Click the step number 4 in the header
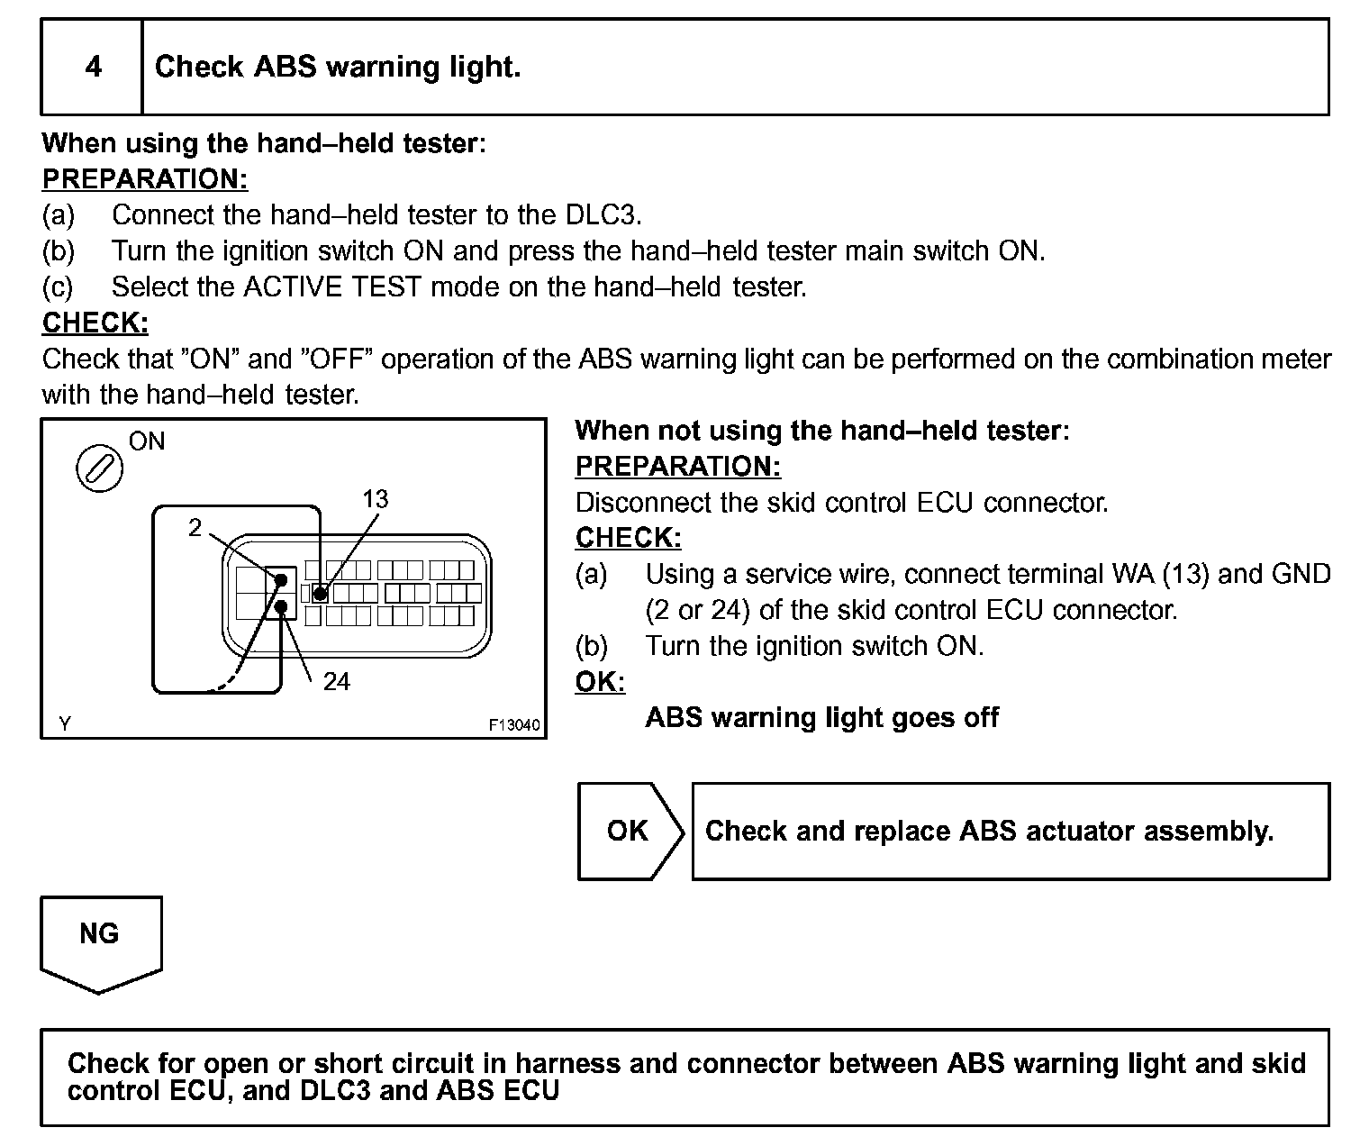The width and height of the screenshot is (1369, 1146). [x=93, y=67]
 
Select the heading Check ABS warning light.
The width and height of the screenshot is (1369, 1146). [x=338, y=67]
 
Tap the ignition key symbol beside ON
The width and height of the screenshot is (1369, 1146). [x=99, y=468]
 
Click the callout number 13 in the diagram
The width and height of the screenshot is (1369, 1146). [x=375, y=499]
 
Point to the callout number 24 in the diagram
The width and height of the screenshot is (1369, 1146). [x=336, y=681]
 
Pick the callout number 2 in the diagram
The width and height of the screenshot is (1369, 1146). [x=195, y=527]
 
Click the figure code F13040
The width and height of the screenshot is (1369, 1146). [x=514, y=724]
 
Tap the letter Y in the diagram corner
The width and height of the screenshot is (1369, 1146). [x=64, y=723]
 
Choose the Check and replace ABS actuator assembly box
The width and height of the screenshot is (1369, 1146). [x=1009, y=831]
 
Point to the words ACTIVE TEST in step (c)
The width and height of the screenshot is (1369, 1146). [x=331, y=286]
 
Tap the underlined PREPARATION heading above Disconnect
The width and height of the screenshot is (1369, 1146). [x=677, y=466]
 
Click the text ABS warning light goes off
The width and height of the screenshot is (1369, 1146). [x=821, y=717]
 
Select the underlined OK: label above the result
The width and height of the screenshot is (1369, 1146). [x=600, y=681]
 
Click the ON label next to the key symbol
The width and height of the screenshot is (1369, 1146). [x=147, y=441]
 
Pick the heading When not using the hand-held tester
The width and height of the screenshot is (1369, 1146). [x=821, y=430]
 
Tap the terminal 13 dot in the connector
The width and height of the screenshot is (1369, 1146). [x=320, y=594]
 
